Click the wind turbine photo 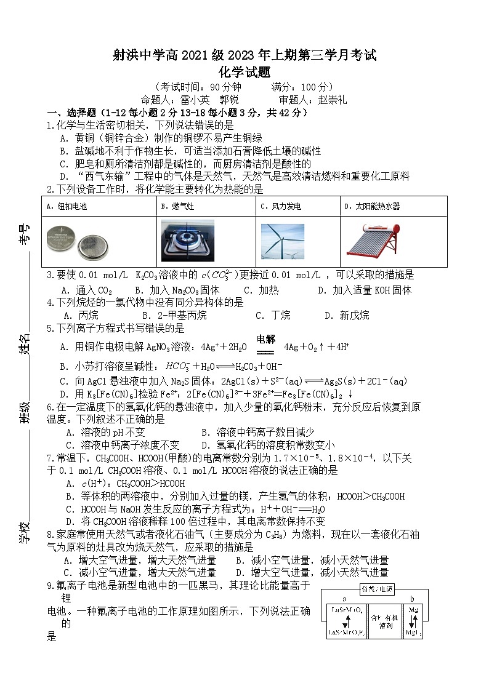click(x=282, y=241)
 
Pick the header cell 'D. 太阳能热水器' click(x=372, y=206)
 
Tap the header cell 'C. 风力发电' click(x=281, y=206)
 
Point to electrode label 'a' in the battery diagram click(x=344, y=599)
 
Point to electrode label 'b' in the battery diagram click(x=411, y=599)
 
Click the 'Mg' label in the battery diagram click(x=413, y=610)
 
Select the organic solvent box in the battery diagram click(x=386, y=621)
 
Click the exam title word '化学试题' click(x=244, y=72)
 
